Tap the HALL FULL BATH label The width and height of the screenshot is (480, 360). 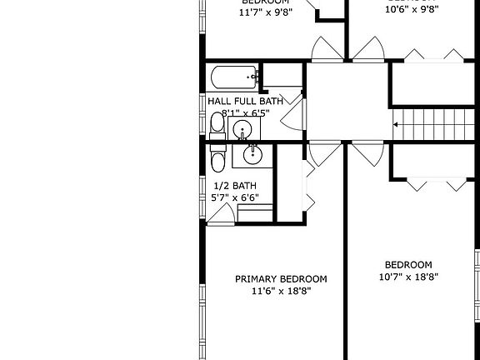pyautogui.click(x=245, y=101)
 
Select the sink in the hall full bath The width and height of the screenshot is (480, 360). pyautogui.click(x=242, y=128)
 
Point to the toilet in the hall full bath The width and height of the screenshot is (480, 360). pyautogui.click(x=217, y=124)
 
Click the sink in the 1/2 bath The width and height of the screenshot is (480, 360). pyautogui.click(x=252, y=153)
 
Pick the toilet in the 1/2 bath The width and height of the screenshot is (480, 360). pyautogui.click(x=217, y=161)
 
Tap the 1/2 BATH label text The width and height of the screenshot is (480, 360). pyautogui.click(x=233, y=185)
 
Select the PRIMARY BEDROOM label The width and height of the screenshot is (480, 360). pyautogui.click(x=281, y=279)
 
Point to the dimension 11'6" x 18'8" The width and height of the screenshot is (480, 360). pyautogui.click(x=281, y=292)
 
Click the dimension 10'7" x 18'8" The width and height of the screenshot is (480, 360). pyautogui.click(x=408, y=277)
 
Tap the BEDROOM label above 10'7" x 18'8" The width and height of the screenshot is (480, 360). pyautogui.click(x=408, y=264)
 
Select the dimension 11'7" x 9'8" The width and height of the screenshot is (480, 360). pyautogui.click(x=264, y=12)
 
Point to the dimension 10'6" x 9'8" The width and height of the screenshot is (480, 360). pyautogui.click(x=410, y=10)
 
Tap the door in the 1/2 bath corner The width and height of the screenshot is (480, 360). pyautogui.click(x=220, y=215)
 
